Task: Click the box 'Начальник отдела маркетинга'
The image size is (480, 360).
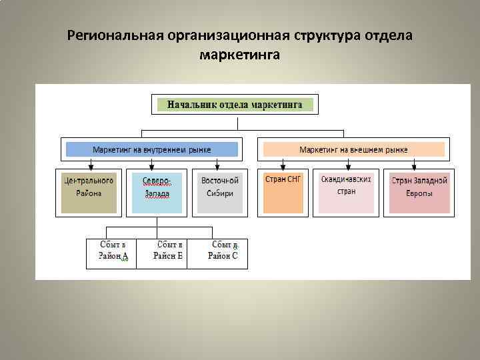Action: (235, 105)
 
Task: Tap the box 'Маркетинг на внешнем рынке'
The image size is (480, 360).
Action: (354, 149)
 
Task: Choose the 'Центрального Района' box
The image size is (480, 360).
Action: (89, 191)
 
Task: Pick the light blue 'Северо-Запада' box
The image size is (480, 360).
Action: (157, 191)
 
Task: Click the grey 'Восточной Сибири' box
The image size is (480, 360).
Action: (220, 191)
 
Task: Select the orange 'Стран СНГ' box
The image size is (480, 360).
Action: (283, 191)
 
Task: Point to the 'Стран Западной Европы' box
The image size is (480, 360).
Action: (419, 191)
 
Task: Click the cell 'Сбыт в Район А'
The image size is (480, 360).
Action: (111, 253)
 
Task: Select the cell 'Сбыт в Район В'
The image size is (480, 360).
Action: (162, 253)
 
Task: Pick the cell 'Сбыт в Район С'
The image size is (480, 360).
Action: (217, 253)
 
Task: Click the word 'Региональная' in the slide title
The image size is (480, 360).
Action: (116, 35)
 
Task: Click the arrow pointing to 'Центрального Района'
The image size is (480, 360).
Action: (89, 165)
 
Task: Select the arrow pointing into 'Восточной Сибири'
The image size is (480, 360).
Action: (217, 165)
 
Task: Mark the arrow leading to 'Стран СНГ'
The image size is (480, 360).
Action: (283, 165)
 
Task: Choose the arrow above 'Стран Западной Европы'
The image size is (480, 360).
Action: (414, 165)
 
